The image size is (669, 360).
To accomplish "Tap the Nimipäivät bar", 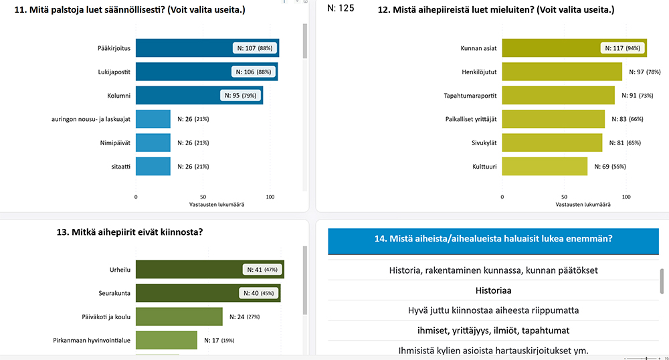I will (153, 143).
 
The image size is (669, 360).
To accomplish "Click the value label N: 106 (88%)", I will (252, 72).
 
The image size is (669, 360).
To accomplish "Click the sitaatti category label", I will (120, 167).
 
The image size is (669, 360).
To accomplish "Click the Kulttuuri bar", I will (545, 166).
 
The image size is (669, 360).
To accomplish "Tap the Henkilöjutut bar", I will (562, 72).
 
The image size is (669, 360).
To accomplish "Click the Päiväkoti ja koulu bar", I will (179, 317).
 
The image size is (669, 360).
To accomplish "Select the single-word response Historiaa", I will (493, 291).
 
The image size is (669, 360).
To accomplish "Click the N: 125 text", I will (341, 9).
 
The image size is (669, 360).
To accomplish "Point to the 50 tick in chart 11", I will (203, 197).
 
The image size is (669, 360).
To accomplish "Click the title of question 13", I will (130, 232).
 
